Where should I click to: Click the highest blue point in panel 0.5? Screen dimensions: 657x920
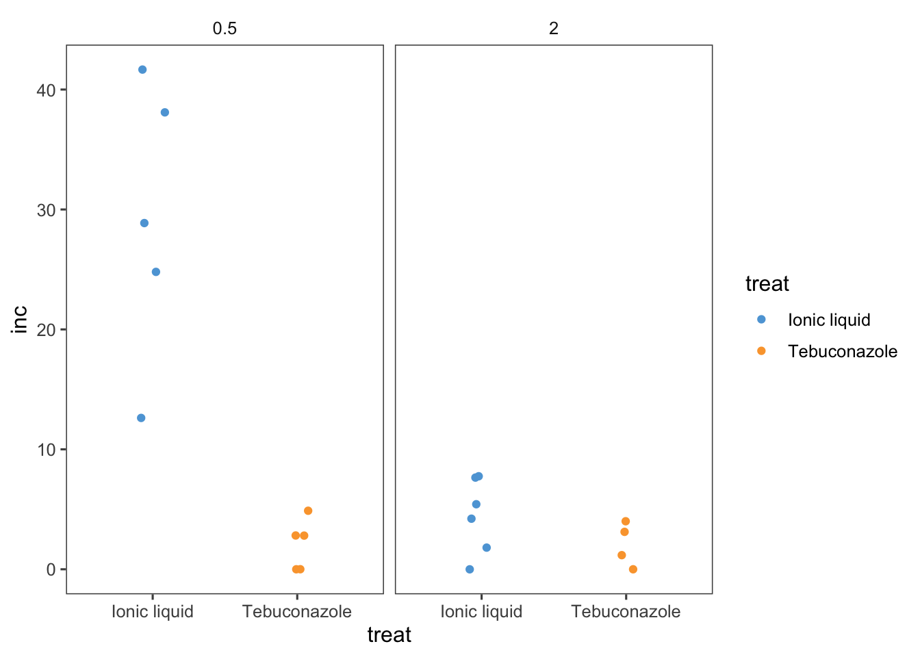click(x=142, y=70)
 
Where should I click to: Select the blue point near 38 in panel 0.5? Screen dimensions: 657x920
click(x=165, y=112)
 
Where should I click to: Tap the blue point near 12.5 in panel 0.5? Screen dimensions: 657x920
click(x=141, y=418)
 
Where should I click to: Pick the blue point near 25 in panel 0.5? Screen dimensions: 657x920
click(x=156, y=272)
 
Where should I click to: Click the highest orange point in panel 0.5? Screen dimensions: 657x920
click(x=308, y=511)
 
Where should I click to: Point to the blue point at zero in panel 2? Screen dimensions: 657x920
click(x=470, y=569)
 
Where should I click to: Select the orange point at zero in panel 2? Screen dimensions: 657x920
click(x=633, y=569)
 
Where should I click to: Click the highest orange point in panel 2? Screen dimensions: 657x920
click(x=626, y=521)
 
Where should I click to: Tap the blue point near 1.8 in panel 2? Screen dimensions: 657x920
click(x=487, y=547)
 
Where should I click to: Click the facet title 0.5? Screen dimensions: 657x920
click(x=225, y=28)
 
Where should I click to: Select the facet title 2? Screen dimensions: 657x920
click(x=554, y=28)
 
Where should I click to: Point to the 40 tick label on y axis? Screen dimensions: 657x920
click(x=47, y=90)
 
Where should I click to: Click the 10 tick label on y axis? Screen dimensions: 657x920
click(x=47, y=450)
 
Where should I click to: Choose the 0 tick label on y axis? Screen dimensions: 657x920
click(x=51, y=569)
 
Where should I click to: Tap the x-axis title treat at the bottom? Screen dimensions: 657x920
click(x=389, y=635)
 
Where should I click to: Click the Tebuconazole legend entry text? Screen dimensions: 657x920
click(x=843, y=352)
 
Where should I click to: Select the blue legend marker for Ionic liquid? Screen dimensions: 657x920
click(x=761, y=320)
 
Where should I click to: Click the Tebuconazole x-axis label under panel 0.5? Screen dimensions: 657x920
click(x=297, y=612)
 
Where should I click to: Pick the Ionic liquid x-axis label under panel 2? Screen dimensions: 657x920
click(x=481, y=612)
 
